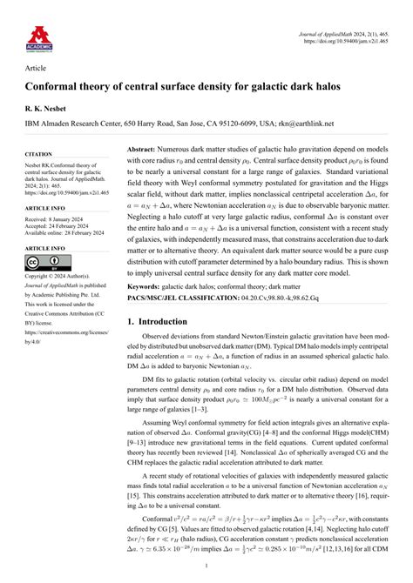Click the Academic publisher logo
(39, 36)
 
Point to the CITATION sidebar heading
(39, 155)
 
